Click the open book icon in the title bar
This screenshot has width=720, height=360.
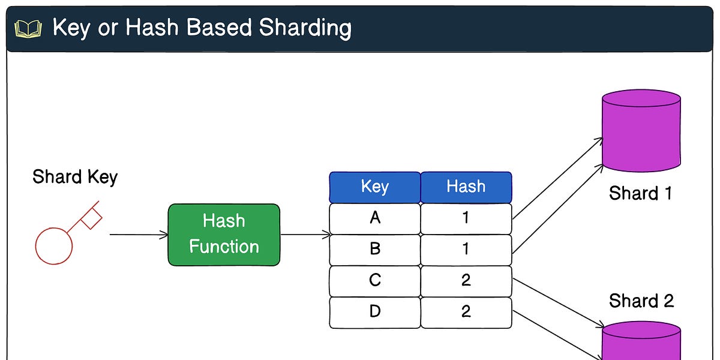(x=28, y=29)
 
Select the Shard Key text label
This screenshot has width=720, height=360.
(x=75, y=177)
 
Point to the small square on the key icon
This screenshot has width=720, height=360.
(x=91, y=218)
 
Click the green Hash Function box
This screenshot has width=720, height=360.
(x=224, y=235)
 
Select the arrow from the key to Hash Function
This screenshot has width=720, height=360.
(x=138, y=235)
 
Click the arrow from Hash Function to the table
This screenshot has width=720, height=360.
(x=305, y=235)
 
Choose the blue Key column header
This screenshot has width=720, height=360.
(x=375, y=187)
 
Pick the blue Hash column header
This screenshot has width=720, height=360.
(x=466, y=187)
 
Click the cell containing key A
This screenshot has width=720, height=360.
(x=375, y=218)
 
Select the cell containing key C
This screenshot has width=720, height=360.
(x=375, y=281)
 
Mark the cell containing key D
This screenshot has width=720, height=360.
(x=375, y=312)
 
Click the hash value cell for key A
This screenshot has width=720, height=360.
(x=466, y=218)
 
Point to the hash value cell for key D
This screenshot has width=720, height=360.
(x=466, y=312)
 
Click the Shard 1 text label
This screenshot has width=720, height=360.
(x=641, y=193)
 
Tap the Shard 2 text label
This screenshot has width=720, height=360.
(x=641, y=300)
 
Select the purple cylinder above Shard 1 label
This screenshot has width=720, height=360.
(x=641, y=132)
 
